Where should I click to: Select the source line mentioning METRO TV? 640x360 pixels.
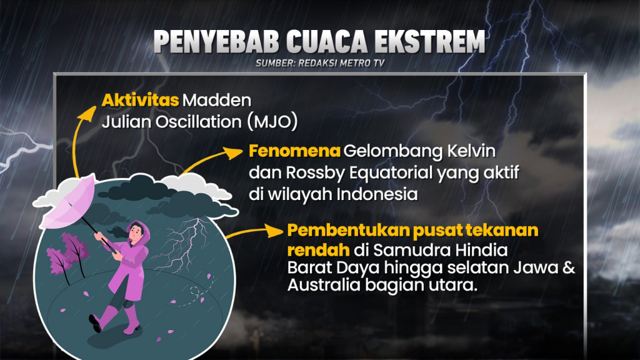point(319,63)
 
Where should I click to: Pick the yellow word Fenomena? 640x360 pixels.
point(294,152)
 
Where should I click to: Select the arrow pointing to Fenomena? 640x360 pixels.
point(212,157)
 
